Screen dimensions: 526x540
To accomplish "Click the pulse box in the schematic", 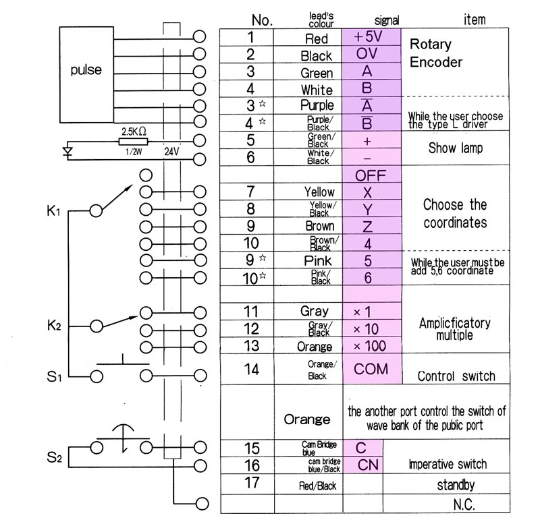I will pyautogui.click(x=86, y=70).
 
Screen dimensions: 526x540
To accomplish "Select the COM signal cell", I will pyautogui.click(x=371, y=369).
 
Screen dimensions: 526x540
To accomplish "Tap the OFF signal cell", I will pyautogui.click(x=371, y=175).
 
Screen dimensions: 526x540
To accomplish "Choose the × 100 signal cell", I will pyautogui.click(x=371, y=346).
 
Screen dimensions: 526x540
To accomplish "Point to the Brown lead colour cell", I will pyautogui.click(x=319, y=227).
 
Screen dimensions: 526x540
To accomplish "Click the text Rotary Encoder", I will pyautogui.click(x=435, y=54).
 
